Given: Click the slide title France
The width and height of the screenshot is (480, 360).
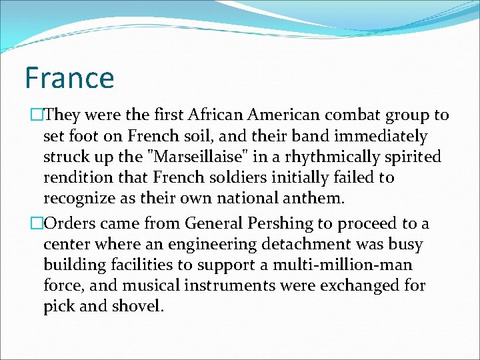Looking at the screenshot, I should pos(69,77).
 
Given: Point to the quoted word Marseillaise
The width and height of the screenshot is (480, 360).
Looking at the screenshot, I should pos(229,157).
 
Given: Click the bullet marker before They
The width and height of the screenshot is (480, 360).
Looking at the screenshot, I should pos(33,115).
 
